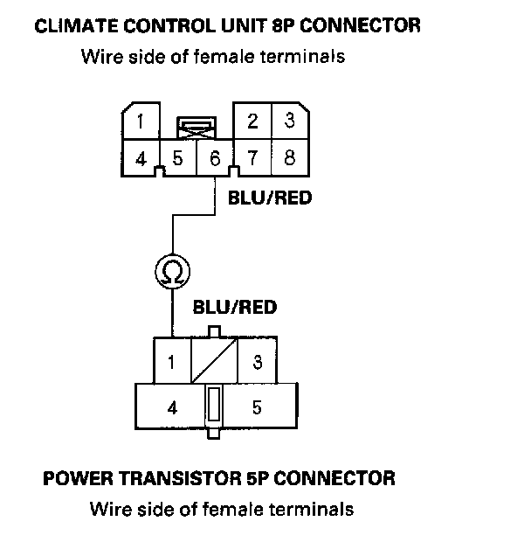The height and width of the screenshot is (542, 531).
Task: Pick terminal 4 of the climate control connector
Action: coord(140,159)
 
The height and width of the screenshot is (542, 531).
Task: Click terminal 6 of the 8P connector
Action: coord(213,159)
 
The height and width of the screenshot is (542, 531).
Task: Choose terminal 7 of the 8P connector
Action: coord(252,159)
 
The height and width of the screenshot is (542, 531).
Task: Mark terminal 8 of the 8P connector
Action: coord(289,159)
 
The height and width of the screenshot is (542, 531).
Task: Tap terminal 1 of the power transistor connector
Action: coord(172,360)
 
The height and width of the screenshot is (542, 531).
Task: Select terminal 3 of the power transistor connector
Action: coord(257,360)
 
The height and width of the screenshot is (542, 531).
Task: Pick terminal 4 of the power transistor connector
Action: coord(172,407)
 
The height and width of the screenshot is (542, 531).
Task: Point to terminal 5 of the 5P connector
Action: coord(257,407)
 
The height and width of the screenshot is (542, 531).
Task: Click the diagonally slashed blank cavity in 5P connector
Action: coord(214,360)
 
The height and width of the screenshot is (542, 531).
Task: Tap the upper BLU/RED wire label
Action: coord(269,198)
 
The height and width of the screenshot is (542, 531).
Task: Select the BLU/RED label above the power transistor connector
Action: coord(234,307)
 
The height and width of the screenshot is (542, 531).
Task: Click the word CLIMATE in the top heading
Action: coord(73,25)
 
